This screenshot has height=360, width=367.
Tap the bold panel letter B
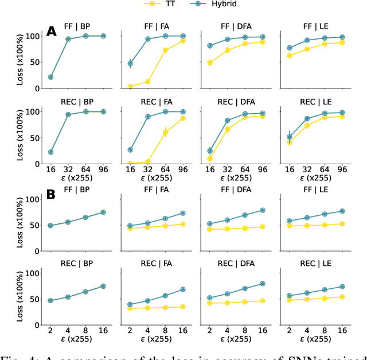tap(52, 195)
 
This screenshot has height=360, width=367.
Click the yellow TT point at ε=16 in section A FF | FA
tap(130, 86)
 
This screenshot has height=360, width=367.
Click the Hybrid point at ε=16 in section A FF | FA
tap(130, 64)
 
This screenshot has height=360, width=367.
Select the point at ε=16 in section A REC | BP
tap(50, 152)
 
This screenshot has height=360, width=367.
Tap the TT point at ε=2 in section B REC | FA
tap(130, 308)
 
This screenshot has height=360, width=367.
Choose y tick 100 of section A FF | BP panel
tap(33, 36)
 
